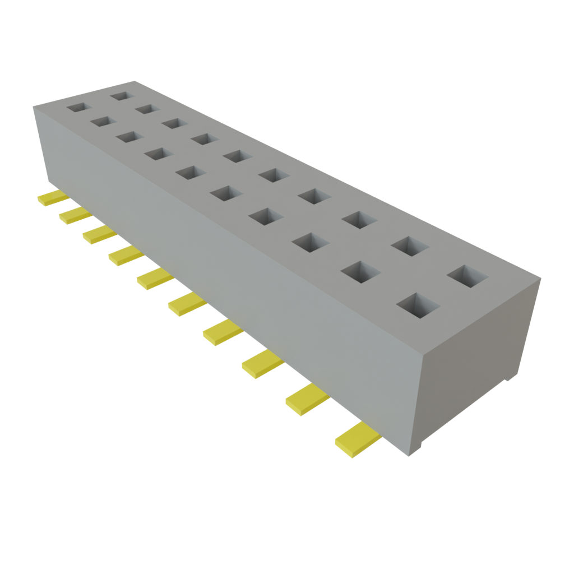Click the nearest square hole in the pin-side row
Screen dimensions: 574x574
(418, 306)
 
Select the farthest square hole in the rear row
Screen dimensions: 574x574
(121, 96)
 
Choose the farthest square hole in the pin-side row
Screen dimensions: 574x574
(78, 107)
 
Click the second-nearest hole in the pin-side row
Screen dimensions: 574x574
(360, 272)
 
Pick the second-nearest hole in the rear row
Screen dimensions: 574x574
(410, 246)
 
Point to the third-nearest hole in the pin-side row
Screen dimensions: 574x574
(310, 242)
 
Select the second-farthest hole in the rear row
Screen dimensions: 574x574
(148, 108)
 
